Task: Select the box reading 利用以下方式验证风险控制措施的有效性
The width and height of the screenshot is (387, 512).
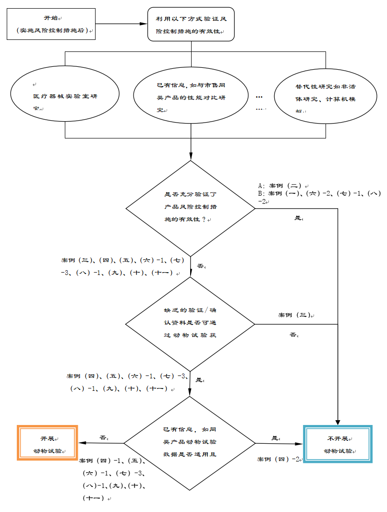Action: click(x=191, y=25)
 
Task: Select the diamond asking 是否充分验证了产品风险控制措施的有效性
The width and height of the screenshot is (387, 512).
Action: click(x=191, y=208)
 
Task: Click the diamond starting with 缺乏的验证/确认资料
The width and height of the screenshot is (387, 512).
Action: click(x=191, y=323)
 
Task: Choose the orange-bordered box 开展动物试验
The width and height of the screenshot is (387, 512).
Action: click(x=48, y=443)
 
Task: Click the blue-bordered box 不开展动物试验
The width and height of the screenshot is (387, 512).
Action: click(x=338, y=444)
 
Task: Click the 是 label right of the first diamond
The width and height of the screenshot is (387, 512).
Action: click(x=298, y=218)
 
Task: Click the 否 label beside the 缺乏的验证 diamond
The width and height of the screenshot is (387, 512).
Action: click(x=293, y=335)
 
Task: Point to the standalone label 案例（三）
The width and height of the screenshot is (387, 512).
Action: click(x=295, y=315)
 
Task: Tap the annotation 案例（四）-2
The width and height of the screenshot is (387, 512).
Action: click(x=279, y=459)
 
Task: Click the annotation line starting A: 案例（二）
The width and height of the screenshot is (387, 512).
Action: click(x=282, y=186)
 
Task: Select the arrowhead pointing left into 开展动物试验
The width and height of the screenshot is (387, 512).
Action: click(x=82, y=443)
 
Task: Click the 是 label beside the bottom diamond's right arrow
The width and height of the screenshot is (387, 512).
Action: click(x=275, y=438)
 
